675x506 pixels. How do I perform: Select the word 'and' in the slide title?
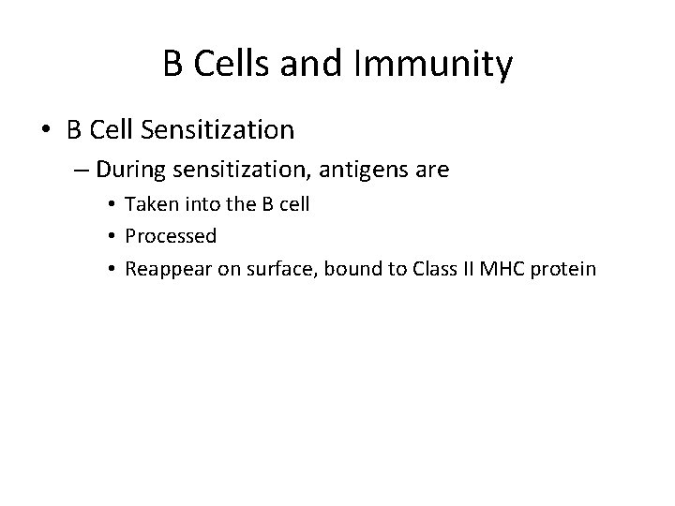[x=325, y=65]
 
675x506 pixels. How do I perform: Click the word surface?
[x=261, y=269]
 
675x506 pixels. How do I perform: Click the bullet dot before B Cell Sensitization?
[x=48, y=128]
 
